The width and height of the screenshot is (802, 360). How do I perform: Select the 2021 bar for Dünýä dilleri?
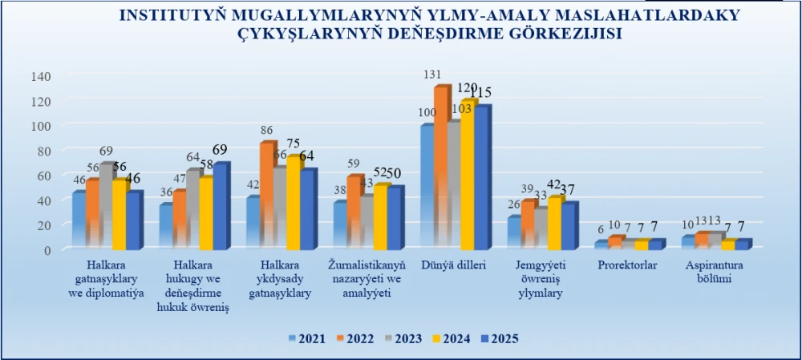pos(427,188)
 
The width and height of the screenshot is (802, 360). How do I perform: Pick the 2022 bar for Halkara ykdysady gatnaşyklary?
pos(267,196)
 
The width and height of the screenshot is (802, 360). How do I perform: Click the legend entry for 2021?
pos(306,338)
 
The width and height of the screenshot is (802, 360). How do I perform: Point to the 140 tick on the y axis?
pos(41,76)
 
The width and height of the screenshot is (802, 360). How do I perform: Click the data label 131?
pos(433,75)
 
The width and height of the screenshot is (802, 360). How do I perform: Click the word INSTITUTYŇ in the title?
pos(168,14)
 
